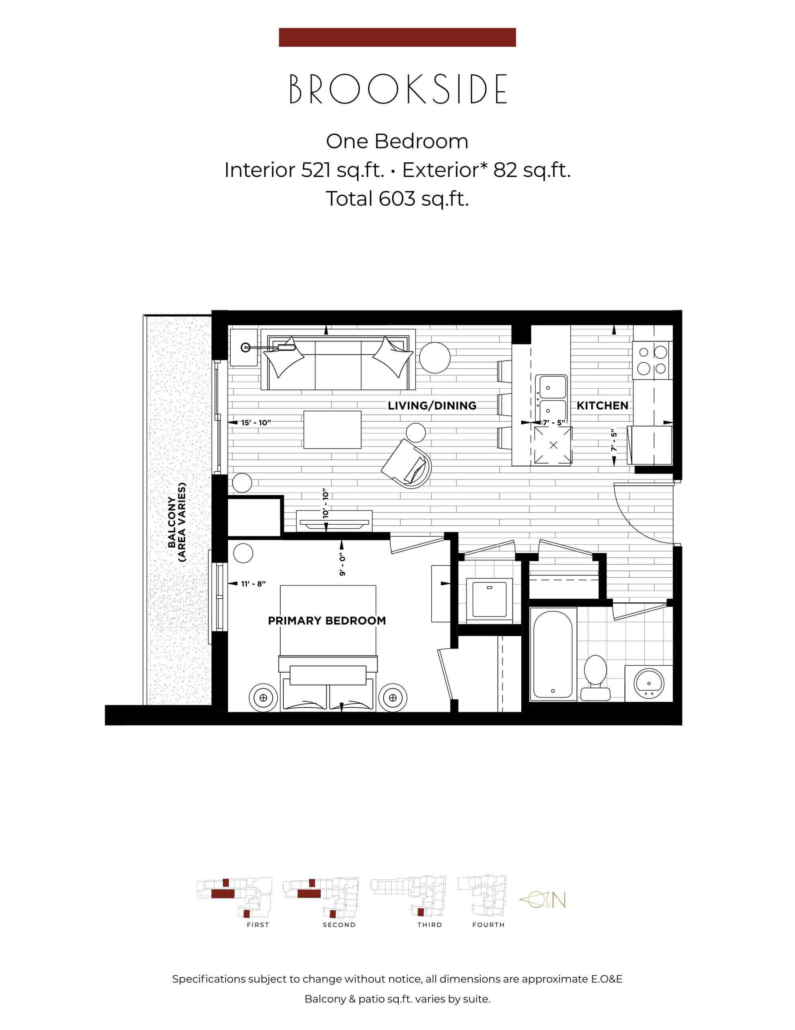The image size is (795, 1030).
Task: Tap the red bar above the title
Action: (397, 37)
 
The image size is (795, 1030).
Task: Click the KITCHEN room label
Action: (602, 406)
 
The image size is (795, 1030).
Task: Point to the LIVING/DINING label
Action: (432, 406)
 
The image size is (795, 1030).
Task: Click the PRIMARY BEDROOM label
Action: (327, 621)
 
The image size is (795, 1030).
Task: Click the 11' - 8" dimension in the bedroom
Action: (254, 584)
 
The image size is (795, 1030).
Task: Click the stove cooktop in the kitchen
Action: (652, 360)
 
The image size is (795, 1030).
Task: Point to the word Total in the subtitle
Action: (349, 198)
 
